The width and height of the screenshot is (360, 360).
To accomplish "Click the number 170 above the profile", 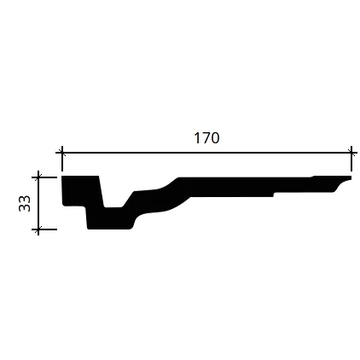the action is click(x=206, y=138).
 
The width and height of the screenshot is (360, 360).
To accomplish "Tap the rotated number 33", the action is click(x=25, y=203).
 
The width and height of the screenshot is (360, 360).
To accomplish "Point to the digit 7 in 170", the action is click(x=206, y=138).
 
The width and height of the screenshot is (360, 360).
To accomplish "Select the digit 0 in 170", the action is click(x=215, y=138).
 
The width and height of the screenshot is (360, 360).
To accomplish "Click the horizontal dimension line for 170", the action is click(x=206, y=153).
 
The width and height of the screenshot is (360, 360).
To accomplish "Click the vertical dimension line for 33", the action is click(x=38, y=203).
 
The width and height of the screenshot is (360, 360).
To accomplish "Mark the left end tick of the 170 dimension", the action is click(x=62, y=153).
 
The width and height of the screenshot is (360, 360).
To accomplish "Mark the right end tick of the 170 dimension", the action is click(x=351, y=153).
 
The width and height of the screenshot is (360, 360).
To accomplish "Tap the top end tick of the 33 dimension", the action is click(x=38, y=177).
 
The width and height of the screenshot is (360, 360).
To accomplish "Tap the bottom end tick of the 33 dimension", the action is click(x=38, y=229).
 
